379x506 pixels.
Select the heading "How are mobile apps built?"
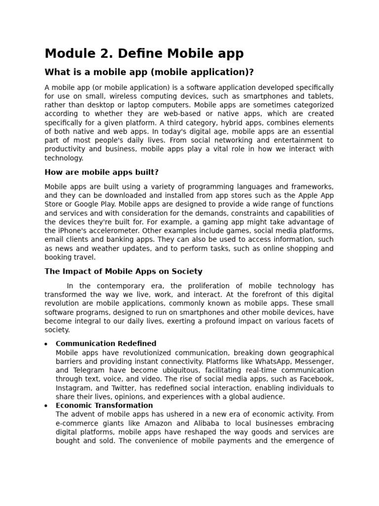pos(102,172)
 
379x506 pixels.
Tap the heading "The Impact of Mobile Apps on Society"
pos(123,271)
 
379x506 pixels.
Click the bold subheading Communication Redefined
pos(106,343)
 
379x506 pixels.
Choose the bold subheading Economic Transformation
pos(104,406)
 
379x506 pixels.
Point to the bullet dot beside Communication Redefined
pos(46,344)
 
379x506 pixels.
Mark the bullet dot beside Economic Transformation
pos(46,406)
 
